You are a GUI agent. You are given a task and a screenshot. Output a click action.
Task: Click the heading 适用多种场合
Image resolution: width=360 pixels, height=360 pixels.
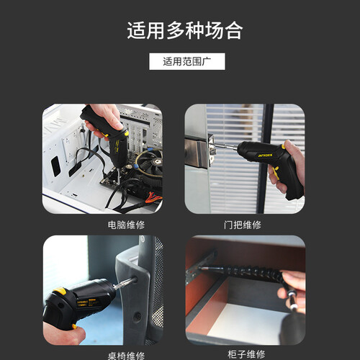pyautogui.click(x=184, y=30)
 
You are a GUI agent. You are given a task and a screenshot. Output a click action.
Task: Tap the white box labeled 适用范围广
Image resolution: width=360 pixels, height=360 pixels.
pyautogui.click(x=187, y=61)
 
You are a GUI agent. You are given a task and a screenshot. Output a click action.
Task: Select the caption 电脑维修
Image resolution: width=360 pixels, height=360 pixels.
pyautogui.click(x=126, y=225)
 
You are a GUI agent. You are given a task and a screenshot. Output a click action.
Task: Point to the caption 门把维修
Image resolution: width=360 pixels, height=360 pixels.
pyautogui.click(x=243, y=225)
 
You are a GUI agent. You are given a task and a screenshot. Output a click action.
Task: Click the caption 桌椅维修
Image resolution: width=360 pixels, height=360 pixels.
pyautogui.click(x=126, y=356)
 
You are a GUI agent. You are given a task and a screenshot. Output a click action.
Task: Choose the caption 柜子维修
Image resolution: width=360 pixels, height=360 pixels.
pyautogui.click(x=246, y=354)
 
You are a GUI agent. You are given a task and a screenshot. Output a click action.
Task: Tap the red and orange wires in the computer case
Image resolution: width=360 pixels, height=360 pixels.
pyautogui.click(x=153, y=198)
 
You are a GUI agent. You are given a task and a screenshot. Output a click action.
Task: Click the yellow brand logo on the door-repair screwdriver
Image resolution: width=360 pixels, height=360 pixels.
pyautogui.click(x=265, y=156)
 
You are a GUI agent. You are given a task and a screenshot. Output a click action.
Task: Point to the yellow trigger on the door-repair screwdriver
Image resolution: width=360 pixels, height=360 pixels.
pyautogui.click(x=276, y=173)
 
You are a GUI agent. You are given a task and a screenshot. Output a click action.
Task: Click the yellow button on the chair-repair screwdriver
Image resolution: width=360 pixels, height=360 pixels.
pyautogui.click(x=60, y=291)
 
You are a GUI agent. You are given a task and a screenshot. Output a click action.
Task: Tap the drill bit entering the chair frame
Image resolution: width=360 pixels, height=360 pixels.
pyautogui.click(x=125, y=282)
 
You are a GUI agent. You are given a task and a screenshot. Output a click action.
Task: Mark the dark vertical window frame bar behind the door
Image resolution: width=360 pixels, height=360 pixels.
pyautogui.click(x=264, y=158)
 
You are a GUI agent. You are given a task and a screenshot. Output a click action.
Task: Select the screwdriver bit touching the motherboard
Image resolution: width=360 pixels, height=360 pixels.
pyautogui.click(x=118, y=176)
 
